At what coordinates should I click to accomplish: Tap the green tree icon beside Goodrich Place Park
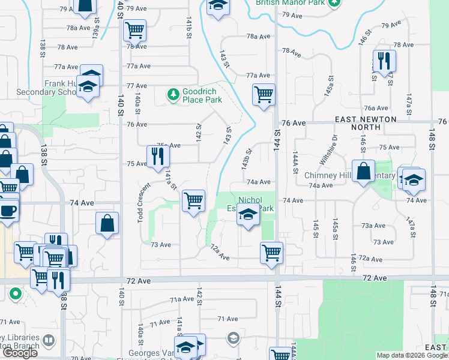tap(173, 94)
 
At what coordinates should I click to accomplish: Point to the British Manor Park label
tap(290, 2)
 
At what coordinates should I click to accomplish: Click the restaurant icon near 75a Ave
tap(158, 155)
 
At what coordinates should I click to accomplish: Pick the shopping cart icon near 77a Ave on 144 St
tap(264, 94)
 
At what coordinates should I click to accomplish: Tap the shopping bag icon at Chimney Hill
tap(364, 170)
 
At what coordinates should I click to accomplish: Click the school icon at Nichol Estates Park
tap(247, 213)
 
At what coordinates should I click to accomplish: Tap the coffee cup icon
tap(8, 211)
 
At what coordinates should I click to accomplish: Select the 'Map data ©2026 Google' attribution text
tap(412, 355)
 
